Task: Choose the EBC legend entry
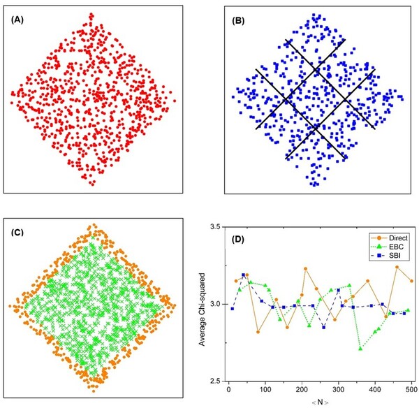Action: [388, 247]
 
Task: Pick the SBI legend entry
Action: [387, 256]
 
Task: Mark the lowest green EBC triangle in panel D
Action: [360, 348]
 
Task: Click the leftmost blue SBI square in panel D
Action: [232, 309]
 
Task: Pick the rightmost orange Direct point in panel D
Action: [412, 281]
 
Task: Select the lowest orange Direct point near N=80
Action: [258, 332]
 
